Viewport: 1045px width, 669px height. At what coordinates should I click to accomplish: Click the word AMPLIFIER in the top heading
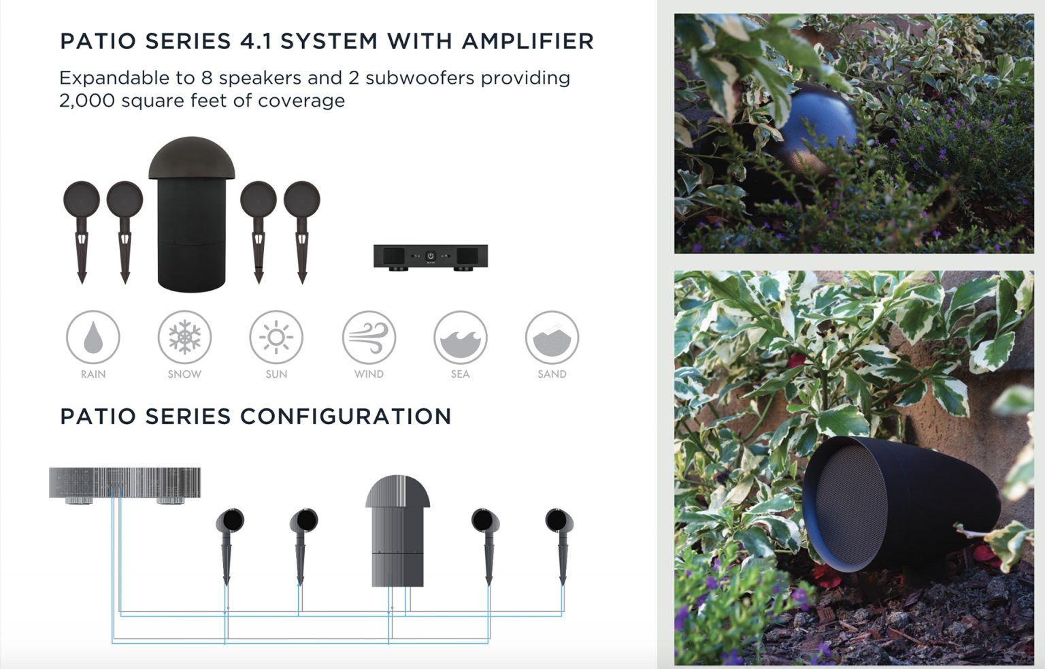[527, 42]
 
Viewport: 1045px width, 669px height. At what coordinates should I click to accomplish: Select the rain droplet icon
[93, 337]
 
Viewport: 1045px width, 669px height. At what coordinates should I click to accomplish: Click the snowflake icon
[184, 337]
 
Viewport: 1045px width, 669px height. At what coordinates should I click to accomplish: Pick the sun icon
[276, 337]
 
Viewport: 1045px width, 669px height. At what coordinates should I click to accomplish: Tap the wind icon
[369, 337]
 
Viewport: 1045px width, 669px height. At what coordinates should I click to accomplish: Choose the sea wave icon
[461, 337]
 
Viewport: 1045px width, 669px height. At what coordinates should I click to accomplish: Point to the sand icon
[552, 337]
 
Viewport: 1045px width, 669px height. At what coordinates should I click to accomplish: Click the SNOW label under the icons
[184, 374]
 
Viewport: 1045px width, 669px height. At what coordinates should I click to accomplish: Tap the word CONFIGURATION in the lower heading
[344, 417]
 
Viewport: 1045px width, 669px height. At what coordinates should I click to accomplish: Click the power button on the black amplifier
[430, 257]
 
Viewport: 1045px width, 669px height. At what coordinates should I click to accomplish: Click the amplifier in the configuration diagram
[125, 483]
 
